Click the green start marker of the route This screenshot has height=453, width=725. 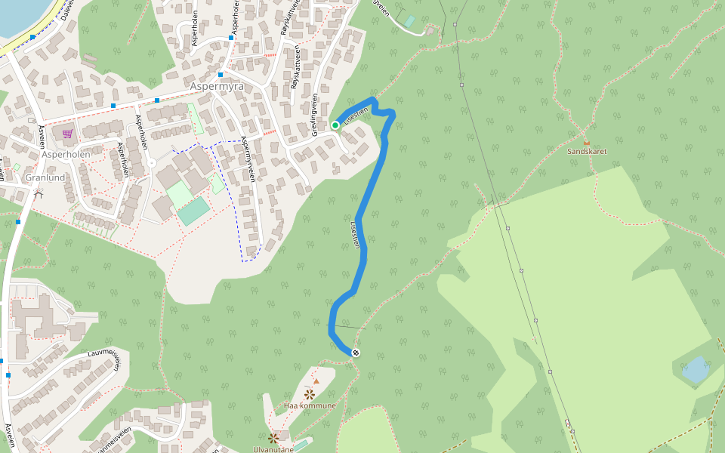335,125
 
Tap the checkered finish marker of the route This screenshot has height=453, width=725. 356,353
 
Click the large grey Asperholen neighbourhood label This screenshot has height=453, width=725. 66,154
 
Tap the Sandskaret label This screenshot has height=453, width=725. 587,151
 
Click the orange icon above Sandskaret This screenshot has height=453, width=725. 587,141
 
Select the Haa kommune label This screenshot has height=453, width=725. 310,405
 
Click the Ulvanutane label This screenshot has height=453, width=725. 273,449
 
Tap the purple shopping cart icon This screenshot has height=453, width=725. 67,134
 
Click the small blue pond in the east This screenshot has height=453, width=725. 695,370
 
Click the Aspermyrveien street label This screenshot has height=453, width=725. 247,159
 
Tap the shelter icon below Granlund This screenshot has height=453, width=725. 39,193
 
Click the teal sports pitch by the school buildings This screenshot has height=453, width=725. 194,211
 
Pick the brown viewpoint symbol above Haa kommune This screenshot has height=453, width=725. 309,394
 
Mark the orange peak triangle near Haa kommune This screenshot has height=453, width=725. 316,381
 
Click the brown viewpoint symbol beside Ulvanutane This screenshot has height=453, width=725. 273,438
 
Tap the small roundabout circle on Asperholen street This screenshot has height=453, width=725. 152,163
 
